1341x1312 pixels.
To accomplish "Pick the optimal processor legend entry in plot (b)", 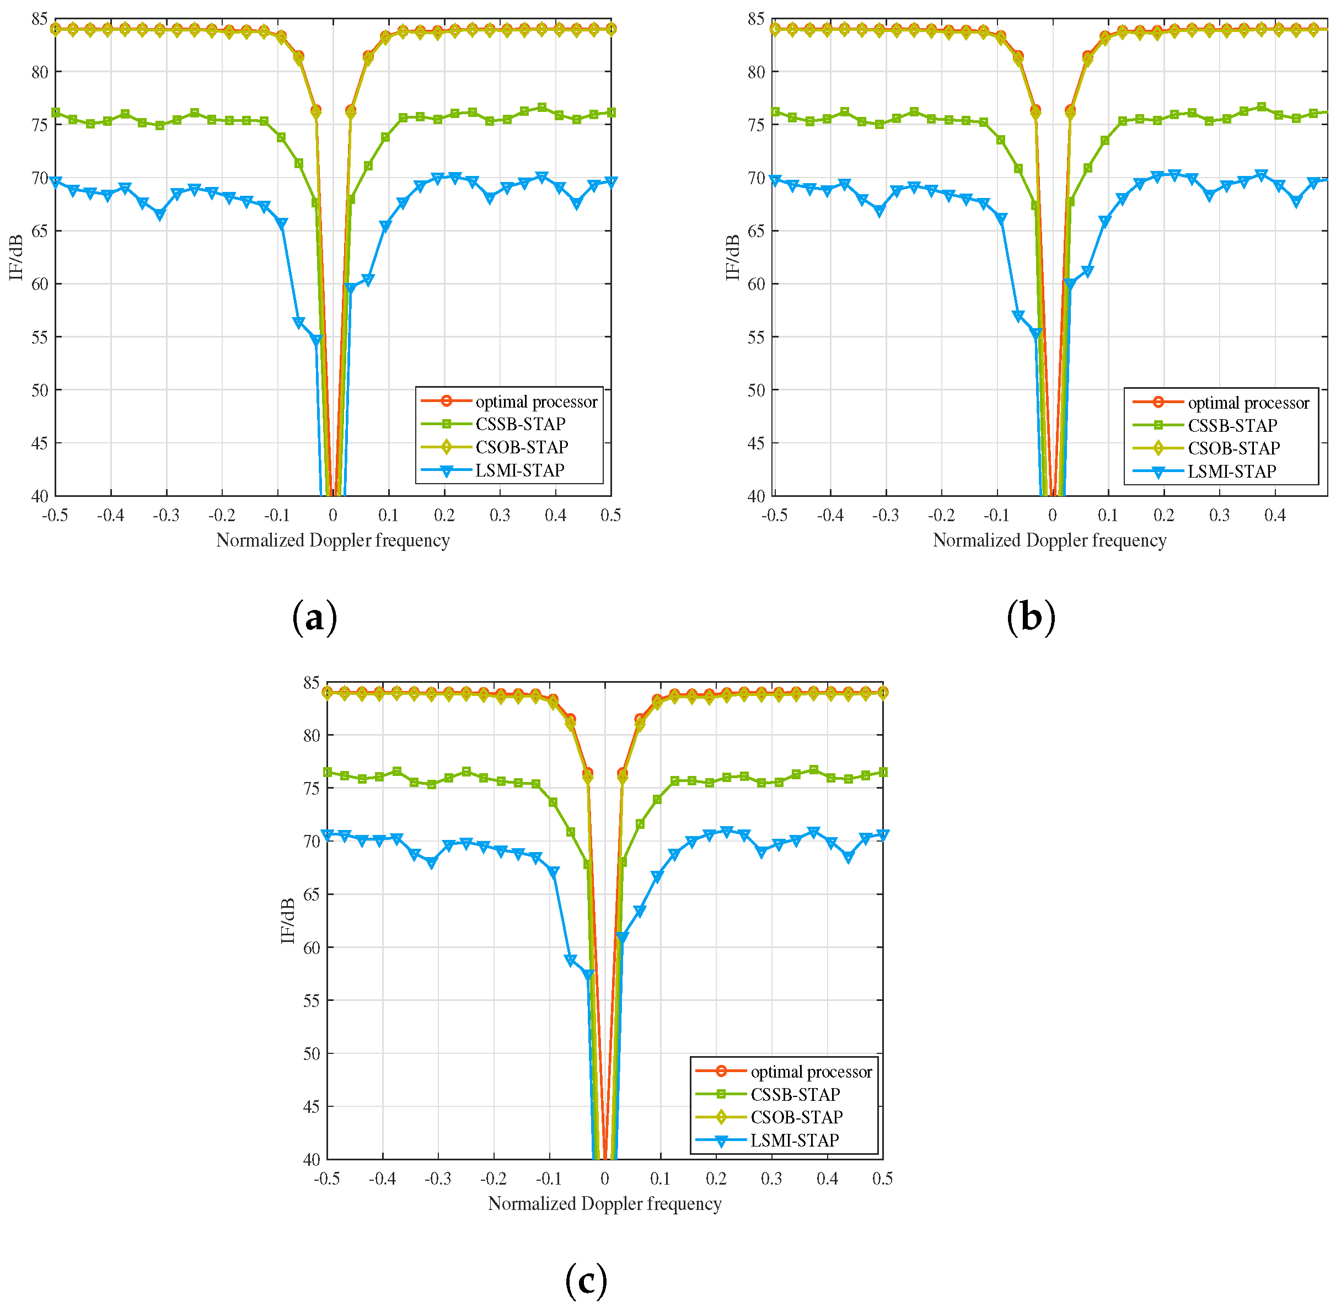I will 1248,403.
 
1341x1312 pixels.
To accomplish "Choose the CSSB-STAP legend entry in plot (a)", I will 521,425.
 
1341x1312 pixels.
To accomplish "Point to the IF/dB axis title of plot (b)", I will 732,258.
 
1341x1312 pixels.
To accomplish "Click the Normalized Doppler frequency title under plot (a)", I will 333,541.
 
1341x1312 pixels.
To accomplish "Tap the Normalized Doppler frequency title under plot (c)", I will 604,1204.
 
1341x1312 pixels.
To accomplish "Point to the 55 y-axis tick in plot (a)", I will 40,338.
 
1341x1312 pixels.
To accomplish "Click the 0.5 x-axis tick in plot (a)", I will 610,516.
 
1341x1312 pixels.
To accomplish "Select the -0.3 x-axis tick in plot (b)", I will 886,516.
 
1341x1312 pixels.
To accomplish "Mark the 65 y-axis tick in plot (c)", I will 312,895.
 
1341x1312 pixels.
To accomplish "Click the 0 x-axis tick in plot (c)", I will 604,1179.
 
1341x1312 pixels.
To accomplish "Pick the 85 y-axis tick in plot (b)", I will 757,19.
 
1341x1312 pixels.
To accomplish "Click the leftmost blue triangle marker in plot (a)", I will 56,183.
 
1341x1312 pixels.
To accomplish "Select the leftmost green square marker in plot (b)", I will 775,111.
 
